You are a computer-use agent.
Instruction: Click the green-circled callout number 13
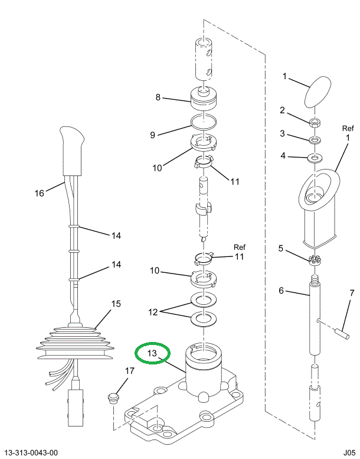pyautogui.click(x=152, y=353)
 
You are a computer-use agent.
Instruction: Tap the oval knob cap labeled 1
pyautogui.click(x=318, y=92)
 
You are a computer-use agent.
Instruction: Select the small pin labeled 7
pyautogui.click(x=342, y=334)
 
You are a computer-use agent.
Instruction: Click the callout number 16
pyautogui.click(x=39, y=193)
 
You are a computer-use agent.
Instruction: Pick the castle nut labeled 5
pyautogui.click(x=313, y=260)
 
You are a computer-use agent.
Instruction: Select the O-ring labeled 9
pyautogui.click(x=204, y=121)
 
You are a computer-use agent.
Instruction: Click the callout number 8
pyautogui.click(x=158, y=97)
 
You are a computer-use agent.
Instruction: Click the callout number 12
pyautogui.click(x=153, y=312)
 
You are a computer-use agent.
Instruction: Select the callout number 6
pyautogui.click(x=281, y=291)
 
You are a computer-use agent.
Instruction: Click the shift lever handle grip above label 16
pyautogui.click(x=71, y=151)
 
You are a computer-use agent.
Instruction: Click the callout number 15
pyautogui.click(x=116, y=304)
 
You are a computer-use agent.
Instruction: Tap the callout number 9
pyautogui.click(x=152, y=135)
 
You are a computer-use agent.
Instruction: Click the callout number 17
pyautogui.click(x=130, y=371)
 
